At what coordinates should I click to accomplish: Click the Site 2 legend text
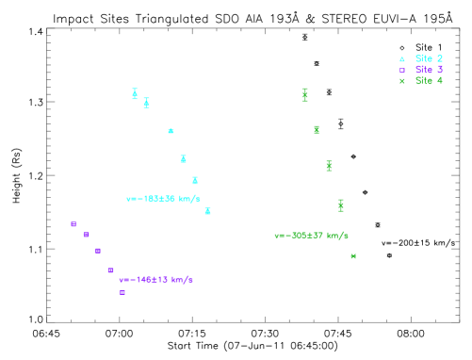(429, 58)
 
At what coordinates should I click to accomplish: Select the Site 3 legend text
(429, 70)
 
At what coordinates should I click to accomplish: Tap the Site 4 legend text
(429, 81)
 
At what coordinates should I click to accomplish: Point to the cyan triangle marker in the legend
(401, 58)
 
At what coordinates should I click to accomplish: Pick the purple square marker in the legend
(401, 70)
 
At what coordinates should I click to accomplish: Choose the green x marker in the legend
(401, 81)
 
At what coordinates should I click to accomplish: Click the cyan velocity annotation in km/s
(163, 199)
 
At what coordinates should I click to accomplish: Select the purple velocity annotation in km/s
(155, 280)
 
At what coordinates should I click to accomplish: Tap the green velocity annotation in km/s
(311, 236)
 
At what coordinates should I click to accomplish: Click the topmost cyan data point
(135, 93)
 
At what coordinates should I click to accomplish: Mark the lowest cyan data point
(207, 211)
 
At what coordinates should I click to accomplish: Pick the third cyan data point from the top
(171, 131)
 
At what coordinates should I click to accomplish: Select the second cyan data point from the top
(146, 103)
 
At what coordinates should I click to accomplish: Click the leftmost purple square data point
(73, 224)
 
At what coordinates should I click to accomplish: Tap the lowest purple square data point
(122, 292)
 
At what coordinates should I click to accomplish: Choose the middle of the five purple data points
(98, 251)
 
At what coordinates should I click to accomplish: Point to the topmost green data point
(304, 94)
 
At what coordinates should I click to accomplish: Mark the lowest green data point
(353, 256)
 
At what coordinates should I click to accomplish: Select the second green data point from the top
(317, 129)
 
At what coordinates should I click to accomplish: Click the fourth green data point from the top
(341, 205)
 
